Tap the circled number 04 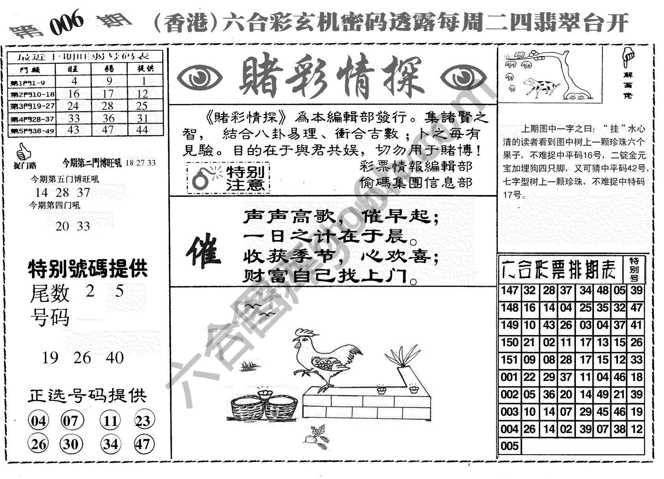tap(38, 422)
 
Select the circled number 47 tap(143, 444)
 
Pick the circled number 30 tap(71, 444)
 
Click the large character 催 tap(203, 252)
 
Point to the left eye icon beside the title tap(199, 77)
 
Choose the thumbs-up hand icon tap(24, 152)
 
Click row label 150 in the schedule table tap(510, 343)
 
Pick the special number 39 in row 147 tap(636, 291)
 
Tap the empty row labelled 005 tap(510, 446)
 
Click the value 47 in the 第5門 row tap(108, 129)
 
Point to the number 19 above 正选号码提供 tap(50, 358)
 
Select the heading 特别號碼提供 tap(87, 269)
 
